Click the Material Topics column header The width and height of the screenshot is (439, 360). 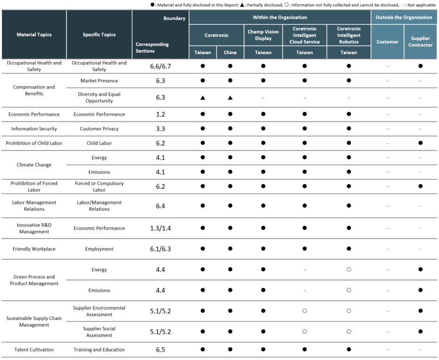click(34, 35)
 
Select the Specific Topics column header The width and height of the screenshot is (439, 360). click(99, 35)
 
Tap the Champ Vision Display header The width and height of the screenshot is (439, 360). click(263, 35)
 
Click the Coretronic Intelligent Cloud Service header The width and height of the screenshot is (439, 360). click(304, 35)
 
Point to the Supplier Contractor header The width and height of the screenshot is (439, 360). click(420, 42)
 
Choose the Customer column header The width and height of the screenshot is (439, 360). click(387, 42)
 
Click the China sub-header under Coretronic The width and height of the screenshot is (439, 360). click(230, 52)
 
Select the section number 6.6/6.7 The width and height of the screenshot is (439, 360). click(160, 66)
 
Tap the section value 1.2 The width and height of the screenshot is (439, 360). click(160, 114)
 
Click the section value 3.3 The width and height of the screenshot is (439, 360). click(160, 129)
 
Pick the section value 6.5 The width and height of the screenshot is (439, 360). click(160, 350)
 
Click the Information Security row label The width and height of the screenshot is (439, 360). click(34, 129)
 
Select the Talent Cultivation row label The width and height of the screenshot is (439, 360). click(34, 350)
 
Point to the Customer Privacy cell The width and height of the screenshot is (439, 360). click(99, 129)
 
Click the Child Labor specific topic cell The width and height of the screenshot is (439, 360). click(99, 143)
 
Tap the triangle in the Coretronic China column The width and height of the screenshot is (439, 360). click(230, 98)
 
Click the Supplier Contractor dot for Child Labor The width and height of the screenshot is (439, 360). click(420, 143)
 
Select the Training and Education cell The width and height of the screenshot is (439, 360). click(99, 350)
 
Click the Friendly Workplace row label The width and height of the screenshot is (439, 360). click(34, 249)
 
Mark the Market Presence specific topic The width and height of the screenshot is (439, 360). click(99, 80)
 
